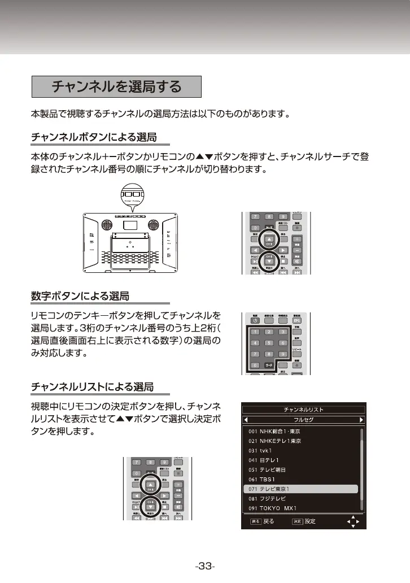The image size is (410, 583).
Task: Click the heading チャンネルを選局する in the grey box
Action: [x=116, y=87]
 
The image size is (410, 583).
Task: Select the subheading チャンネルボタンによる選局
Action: [x=93, y=137]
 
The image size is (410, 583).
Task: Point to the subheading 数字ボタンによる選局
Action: [x=80, y=295]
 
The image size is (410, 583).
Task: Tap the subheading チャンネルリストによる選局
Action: [x=92, y=387]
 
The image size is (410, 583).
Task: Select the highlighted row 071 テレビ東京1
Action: [x=301, y=489]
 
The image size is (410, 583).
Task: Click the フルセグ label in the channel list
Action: [x=303, y=420]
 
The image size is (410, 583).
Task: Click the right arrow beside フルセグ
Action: [x=360, y=420]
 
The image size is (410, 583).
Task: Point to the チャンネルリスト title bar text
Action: [x=303, y=410]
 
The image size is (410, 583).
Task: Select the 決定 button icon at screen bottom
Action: [x=297, y=521]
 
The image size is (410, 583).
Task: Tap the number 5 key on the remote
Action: [x=269, y=343]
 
